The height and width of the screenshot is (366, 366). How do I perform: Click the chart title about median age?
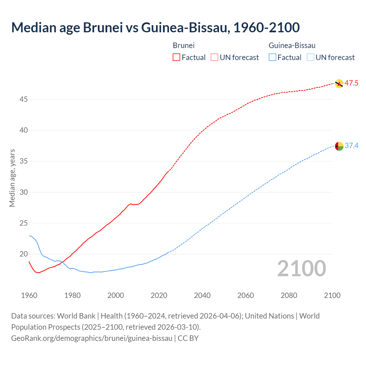pos(155,27)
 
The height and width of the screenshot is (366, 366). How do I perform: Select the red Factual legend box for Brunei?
pos(176,57)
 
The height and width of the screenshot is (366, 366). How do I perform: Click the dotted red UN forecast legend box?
pos(214,57)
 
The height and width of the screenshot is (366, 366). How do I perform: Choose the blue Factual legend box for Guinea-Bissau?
pos(272,57)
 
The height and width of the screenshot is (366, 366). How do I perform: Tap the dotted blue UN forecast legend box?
pos(311,57)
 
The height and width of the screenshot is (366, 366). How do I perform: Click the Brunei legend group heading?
pos(184,45)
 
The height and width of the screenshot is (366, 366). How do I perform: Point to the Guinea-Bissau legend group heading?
pos(292,45)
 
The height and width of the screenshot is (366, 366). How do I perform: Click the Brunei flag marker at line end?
pos(339,83)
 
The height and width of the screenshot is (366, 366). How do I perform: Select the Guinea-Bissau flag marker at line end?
pos(339,146)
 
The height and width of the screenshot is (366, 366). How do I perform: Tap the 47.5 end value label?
pos(351,83)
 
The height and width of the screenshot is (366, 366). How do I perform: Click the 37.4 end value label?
pos(351,146)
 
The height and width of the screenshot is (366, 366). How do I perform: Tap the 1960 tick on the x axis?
pos(29,295)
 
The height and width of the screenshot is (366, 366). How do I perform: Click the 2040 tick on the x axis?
pos(202,295)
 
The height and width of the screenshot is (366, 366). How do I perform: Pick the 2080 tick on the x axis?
pos(289,295)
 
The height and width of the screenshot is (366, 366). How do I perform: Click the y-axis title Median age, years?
pos(12,178)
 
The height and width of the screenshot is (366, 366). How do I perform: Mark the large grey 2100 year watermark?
pos(301,268)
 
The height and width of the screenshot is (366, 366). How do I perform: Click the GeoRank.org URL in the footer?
pos(92,338)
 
